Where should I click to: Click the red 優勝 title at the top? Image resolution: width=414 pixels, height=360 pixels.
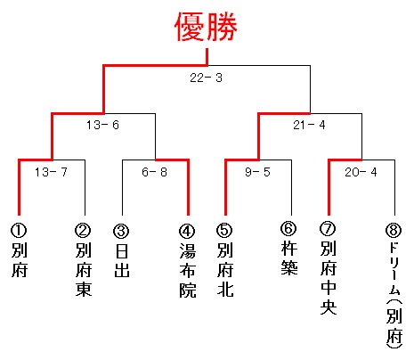pos(206,27)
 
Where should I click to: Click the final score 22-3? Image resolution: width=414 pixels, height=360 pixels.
pos(206,78)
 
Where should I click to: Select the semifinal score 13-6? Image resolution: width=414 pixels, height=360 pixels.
pos(102,125)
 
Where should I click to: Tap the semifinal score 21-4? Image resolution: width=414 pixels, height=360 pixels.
pos(309,125)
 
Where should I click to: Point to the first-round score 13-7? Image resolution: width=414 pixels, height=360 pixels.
pos(51,172)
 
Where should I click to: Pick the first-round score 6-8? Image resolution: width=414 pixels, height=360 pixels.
pos(154,172)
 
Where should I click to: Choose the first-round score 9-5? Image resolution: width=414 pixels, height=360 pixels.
pos(257,172)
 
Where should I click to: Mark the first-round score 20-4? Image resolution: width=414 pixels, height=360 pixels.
pos(361,172)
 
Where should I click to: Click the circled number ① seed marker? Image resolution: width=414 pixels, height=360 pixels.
pos(19,231)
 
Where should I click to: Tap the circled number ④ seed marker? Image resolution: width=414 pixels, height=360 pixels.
pos(187,231)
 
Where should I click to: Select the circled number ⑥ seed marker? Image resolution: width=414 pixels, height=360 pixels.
pos(288,228)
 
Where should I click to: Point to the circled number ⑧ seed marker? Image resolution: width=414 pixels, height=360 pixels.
pos(394,230)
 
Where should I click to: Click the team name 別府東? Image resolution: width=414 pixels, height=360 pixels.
pos(84,270)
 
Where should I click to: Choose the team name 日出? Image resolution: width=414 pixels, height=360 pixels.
pos(122,261)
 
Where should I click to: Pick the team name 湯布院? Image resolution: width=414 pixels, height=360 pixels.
pos(188,271)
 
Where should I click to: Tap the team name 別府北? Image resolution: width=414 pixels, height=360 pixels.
pos(225,270)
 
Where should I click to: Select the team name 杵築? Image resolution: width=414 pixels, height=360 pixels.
pos(289,258)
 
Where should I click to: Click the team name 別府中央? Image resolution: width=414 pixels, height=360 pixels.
pos(329,277)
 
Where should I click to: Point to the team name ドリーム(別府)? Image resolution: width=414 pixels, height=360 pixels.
pos(394,295)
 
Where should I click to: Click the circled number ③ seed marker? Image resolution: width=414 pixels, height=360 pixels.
pos(121,231)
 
